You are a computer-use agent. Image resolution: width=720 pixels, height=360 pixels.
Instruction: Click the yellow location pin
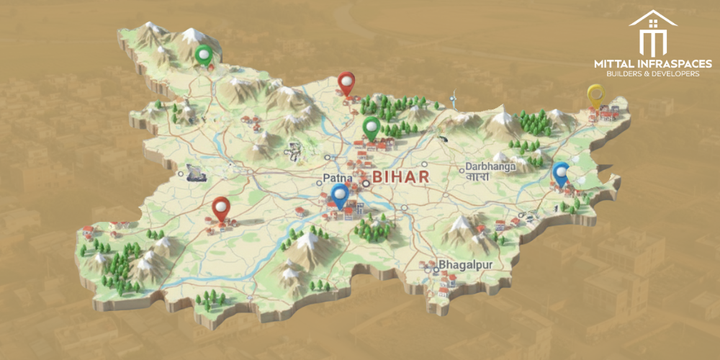(595, 95)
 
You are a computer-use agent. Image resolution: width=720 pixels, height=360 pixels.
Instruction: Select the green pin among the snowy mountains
(205, 55)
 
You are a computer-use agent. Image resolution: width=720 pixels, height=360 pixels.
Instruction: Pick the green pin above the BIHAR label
(371, 128)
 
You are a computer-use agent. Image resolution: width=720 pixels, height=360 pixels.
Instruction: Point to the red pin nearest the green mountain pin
(348, 84)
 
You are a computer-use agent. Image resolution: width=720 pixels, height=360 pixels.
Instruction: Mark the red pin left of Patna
(221, 209)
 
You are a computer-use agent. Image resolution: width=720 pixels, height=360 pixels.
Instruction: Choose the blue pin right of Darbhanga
(560, 174)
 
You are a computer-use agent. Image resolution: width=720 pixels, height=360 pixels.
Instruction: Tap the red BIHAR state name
(400, 177)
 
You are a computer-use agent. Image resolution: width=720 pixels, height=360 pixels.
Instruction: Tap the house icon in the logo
(652, 33)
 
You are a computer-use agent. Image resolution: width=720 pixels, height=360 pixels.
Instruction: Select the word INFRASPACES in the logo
(674, 63)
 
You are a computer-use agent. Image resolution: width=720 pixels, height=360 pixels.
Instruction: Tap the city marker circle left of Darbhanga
(461, 170)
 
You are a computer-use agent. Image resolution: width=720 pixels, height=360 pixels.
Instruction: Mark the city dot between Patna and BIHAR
(365, 183)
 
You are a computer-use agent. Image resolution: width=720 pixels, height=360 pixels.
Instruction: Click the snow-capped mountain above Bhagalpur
(459, 229)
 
